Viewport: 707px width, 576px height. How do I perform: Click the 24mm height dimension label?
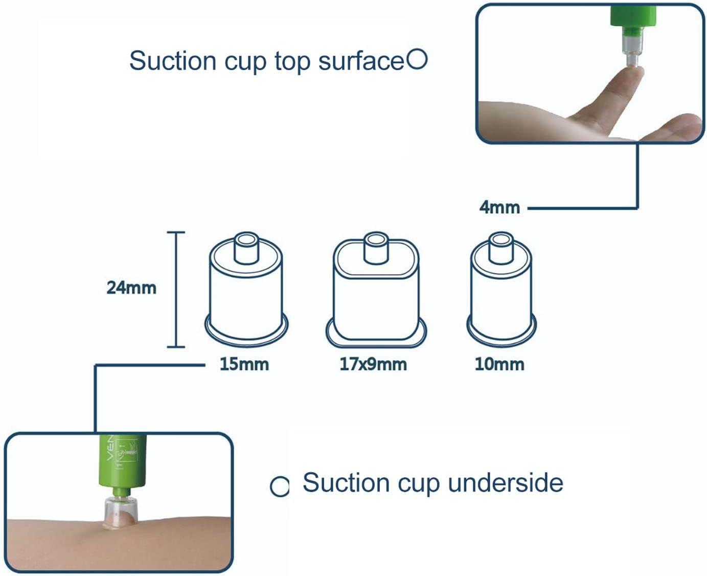click(131, 288)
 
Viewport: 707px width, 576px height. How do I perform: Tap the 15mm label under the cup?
click(244, 364)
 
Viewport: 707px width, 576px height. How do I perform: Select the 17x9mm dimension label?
click(373, 364)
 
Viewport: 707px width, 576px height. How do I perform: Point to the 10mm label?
click(499, 364)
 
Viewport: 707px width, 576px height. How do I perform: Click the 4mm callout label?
click(499, 207)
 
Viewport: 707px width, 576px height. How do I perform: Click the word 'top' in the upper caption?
click(292, 61)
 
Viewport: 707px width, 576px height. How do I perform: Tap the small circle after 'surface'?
click(417, 60)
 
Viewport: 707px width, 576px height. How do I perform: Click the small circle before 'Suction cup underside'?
click(279, 486)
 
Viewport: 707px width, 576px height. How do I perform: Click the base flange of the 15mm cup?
click(247, 330)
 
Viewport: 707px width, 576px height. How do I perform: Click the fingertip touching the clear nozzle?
click(633, 73)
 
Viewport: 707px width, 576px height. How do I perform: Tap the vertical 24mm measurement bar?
click(176, 290)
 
